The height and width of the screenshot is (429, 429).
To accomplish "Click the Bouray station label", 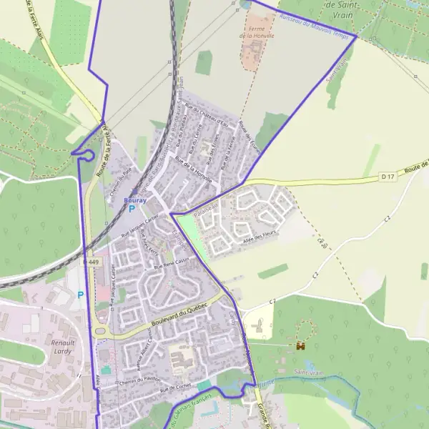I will click(135, 201).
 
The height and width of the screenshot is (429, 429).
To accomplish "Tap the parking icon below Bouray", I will click(132, 209).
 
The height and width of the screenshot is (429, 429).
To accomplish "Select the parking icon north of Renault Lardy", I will click(80, 295).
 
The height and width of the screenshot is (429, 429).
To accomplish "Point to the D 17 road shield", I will click(388, 174).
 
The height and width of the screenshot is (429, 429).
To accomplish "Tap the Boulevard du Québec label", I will click(179, 317).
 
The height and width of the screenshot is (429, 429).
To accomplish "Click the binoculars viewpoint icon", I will click(300, 345).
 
